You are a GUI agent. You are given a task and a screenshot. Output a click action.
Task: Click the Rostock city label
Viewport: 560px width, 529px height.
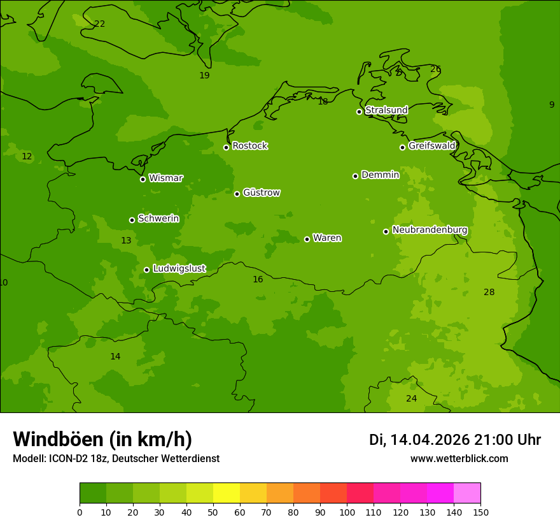pos(249,146)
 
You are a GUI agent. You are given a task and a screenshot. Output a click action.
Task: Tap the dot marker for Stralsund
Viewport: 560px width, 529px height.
pos(359,112)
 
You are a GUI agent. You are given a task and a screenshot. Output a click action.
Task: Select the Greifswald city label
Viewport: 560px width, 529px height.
pos(431,146)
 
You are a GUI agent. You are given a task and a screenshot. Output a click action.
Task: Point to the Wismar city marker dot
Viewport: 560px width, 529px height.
pos(143,179)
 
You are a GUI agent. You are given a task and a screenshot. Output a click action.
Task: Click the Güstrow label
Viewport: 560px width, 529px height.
pos(261,192)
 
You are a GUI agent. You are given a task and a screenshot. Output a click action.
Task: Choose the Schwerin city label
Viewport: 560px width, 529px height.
pos(158,219)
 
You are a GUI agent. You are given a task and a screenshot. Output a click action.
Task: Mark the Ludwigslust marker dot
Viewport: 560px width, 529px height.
pos(146,270)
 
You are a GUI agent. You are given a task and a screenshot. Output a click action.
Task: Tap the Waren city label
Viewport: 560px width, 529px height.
pos(327,238)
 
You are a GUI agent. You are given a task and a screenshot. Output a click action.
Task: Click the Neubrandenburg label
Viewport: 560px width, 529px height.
pos(430,229)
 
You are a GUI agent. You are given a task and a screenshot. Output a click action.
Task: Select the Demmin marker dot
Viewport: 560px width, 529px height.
pos(355,176)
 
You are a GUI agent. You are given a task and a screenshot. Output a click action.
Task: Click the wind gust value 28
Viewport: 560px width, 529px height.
pos(489,292)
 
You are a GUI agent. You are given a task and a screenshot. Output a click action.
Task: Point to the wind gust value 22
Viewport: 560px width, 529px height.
pos(100,24)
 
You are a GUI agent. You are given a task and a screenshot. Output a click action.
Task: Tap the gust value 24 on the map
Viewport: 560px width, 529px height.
pos(412,398)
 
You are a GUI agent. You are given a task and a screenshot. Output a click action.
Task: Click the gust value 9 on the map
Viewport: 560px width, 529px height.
pos(552,105)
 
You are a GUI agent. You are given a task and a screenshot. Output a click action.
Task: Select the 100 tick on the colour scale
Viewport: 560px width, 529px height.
pos(347,512)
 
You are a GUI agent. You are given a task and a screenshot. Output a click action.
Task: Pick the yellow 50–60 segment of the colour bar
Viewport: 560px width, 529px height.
pos(227,493)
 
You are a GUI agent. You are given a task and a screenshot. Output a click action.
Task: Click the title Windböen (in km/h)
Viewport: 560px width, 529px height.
pos(102,439)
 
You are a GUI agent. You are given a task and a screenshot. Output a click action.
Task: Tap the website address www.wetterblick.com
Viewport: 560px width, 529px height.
pos(459,458)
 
